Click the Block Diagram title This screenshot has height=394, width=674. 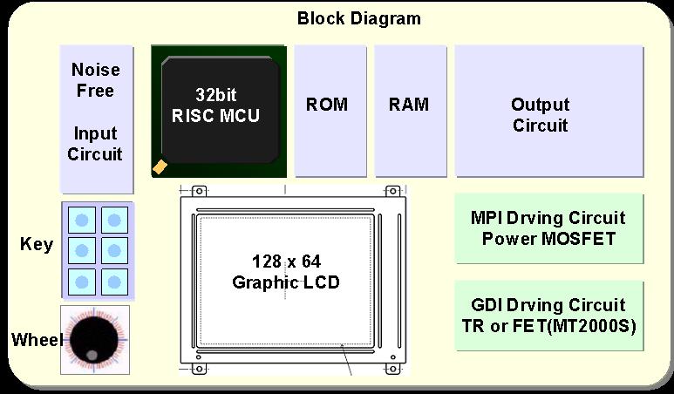[358, 17]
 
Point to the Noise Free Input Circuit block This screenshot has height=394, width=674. [96, 119]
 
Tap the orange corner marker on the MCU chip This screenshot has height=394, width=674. [160, 165]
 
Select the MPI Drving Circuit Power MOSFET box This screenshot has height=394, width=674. [548, 228]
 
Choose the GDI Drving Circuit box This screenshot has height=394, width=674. [548, 315]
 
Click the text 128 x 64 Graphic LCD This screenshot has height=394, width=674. [286, 271]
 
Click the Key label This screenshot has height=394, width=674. [37, 244]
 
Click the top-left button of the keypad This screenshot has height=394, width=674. [82, 219]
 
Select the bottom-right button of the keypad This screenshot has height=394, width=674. [114, 281]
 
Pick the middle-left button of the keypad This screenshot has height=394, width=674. [82, 250]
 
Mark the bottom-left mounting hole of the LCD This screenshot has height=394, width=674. [198, 369]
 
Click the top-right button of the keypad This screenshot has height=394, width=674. [114, 219]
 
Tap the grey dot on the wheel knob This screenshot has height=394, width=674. [92, 354]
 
